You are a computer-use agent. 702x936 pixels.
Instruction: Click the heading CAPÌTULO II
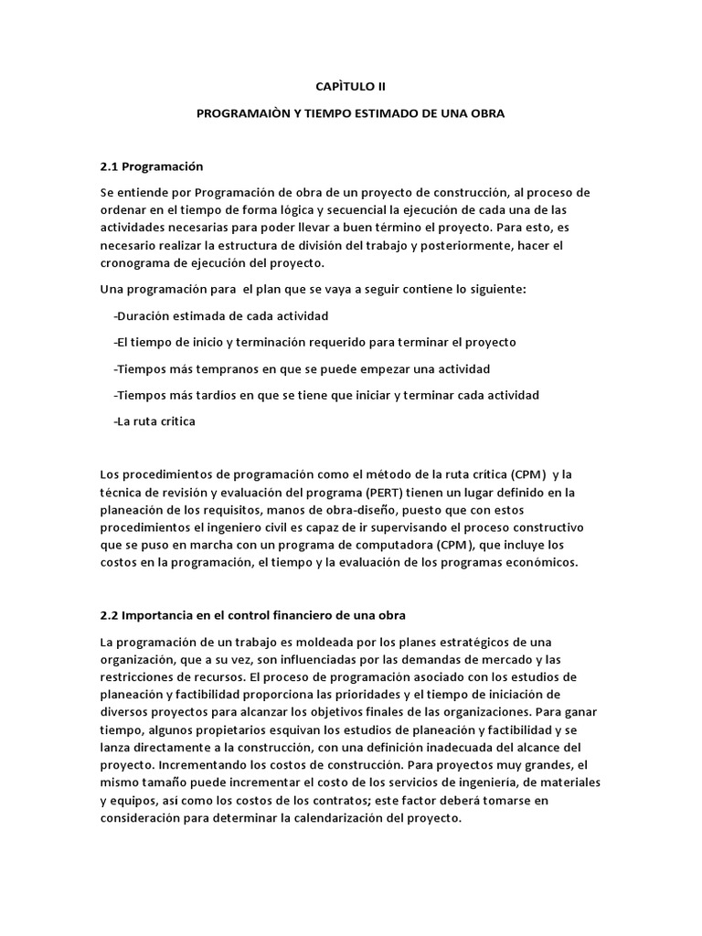[350, 86]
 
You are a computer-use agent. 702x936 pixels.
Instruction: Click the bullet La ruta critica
[155, 421]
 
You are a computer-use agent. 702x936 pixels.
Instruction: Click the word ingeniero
[253, 528]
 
